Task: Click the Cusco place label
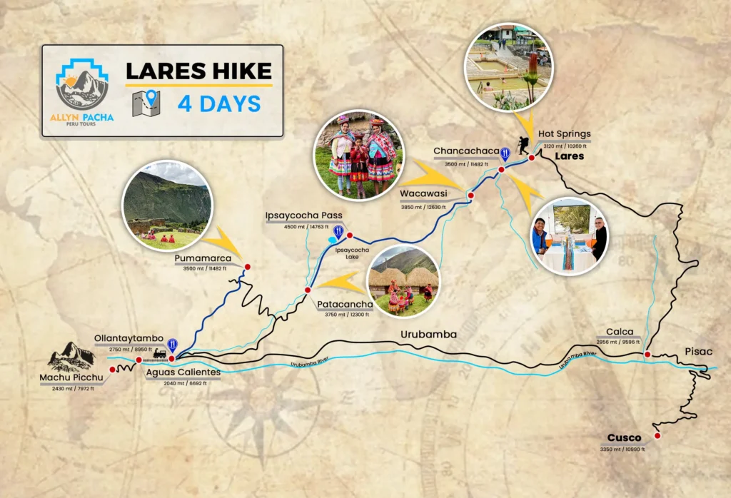click(x=624, y=437)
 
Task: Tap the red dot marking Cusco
click(x=657, y=435)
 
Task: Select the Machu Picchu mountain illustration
click(x=71, y=357)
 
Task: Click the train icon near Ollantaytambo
click(x=158, y=354)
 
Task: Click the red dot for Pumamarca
click(x=248, y=268)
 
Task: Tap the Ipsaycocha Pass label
click(x=304, y=215)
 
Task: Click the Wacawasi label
click(x=423, y=192)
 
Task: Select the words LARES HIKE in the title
click(x=198, y=71)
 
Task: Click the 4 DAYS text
click(x=218, y=103)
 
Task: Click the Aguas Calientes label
click(x=183, y=372)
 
